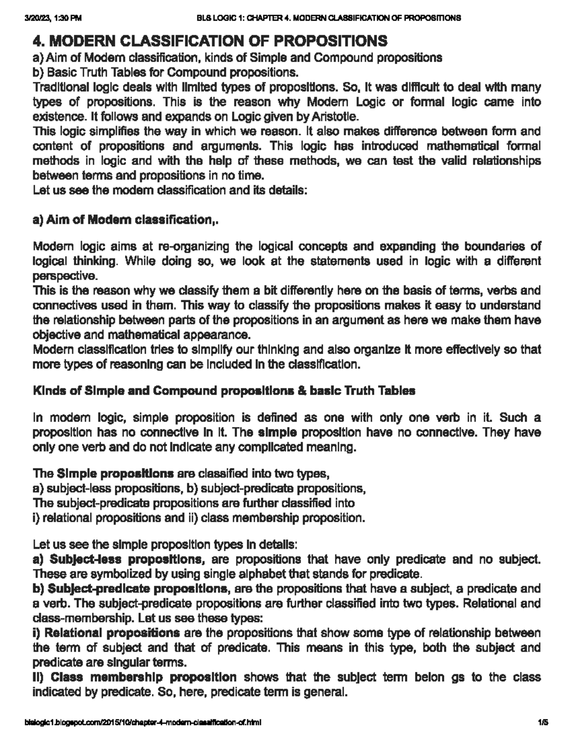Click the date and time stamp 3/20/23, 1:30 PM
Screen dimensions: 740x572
click(53, 19)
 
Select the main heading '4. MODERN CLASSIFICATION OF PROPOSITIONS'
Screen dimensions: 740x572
click(210, 41)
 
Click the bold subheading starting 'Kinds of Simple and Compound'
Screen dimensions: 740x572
click(224, 391)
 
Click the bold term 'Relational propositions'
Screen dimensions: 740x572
click(111, 633)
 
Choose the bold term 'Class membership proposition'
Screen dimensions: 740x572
click(143, 677)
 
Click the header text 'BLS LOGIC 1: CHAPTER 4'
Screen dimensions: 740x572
click(329, 19)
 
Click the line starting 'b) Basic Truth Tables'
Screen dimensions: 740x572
click(165, 73)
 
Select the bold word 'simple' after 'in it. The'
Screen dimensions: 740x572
click(277, 433)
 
